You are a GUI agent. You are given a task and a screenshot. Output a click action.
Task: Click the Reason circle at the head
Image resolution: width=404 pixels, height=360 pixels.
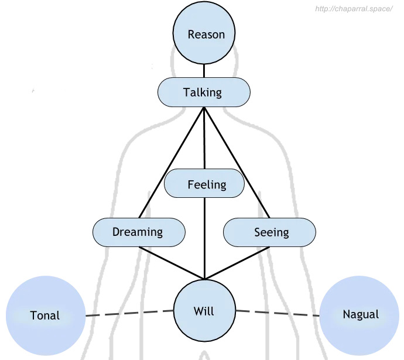[x=206, y=35]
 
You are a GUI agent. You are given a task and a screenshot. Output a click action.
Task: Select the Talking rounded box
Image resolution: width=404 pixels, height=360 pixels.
[x=204, y=92]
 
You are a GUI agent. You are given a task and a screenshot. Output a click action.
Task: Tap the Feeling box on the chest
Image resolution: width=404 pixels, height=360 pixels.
[x=204, y=184]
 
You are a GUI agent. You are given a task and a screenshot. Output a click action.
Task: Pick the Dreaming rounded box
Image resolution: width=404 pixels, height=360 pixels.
[x=138, y=232]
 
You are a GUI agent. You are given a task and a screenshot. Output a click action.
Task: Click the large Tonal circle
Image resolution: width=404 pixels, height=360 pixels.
[x=45, y=315]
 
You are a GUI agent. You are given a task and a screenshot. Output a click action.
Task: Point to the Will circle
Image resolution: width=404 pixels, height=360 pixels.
[x=204, y=311]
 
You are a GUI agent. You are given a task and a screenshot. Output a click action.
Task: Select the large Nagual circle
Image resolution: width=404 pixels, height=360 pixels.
[x=360, y=314]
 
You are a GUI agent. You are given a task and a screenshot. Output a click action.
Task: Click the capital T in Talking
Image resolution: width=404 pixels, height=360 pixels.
[x=186, y=92]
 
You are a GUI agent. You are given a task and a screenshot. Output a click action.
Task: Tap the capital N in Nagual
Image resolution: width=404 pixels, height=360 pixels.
[x=346, y=314]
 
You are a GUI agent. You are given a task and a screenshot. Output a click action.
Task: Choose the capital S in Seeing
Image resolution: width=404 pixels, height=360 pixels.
[x=258, y=232]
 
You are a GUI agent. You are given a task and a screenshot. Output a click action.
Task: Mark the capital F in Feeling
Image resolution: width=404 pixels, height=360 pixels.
[x=191, y=184]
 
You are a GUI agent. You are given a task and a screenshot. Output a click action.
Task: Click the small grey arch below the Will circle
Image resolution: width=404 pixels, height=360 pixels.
[x=204, y=354]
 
